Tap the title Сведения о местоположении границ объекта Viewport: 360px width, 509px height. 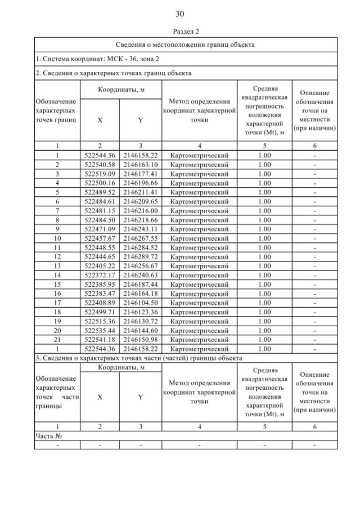(186, 44)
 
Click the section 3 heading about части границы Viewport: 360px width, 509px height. (139, 358)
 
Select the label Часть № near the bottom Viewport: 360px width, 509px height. (48, 436)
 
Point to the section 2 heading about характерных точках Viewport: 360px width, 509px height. (113, 73)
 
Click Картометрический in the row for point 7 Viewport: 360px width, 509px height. (199, 211)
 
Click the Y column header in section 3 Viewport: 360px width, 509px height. (141, 397)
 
